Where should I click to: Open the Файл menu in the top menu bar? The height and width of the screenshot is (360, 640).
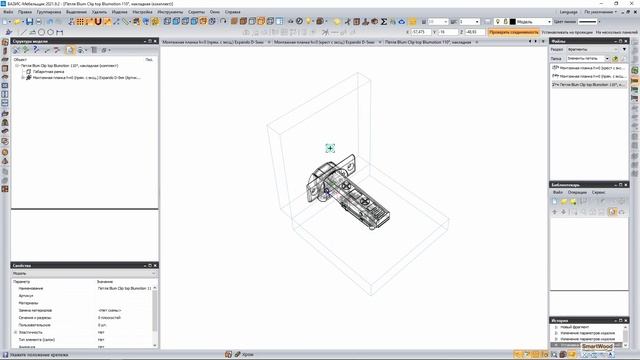pyautogui.click(x=22, y=12)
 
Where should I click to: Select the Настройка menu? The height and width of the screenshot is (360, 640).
pyautogui.click(x=143, y=12)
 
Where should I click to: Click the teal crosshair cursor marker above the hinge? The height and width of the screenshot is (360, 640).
pyautogui.click(x=331, y=149)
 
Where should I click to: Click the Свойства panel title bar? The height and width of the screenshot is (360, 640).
pyautogui.click(x=30, y=265)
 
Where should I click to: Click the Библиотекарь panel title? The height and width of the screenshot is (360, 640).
pyautogui.click(x=568, y=186)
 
